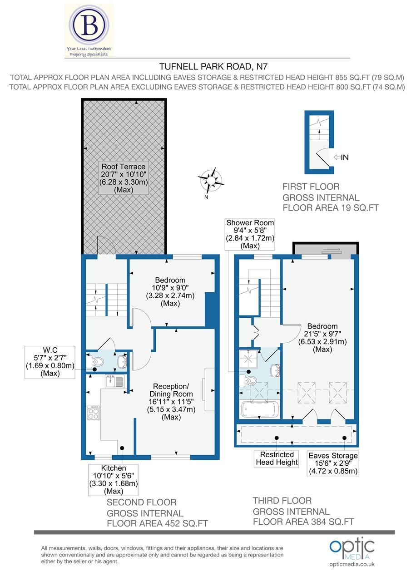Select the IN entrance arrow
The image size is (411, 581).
[341, 158]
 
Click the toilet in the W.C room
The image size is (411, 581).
[96, 362]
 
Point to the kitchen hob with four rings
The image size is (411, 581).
[93, 413]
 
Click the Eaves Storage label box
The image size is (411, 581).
[333, 463]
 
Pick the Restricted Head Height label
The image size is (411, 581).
[277, 458]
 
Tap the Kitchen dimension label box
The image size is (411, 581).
[114, 479]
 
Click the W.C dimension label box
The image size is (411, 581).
[50, 362]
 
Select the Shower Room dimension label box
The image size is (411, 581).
[250, 234]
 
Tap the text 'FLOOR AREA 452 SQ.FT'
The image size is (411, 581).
[157, 523]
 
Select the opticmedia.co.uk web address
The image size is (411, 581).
[352, 564]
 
